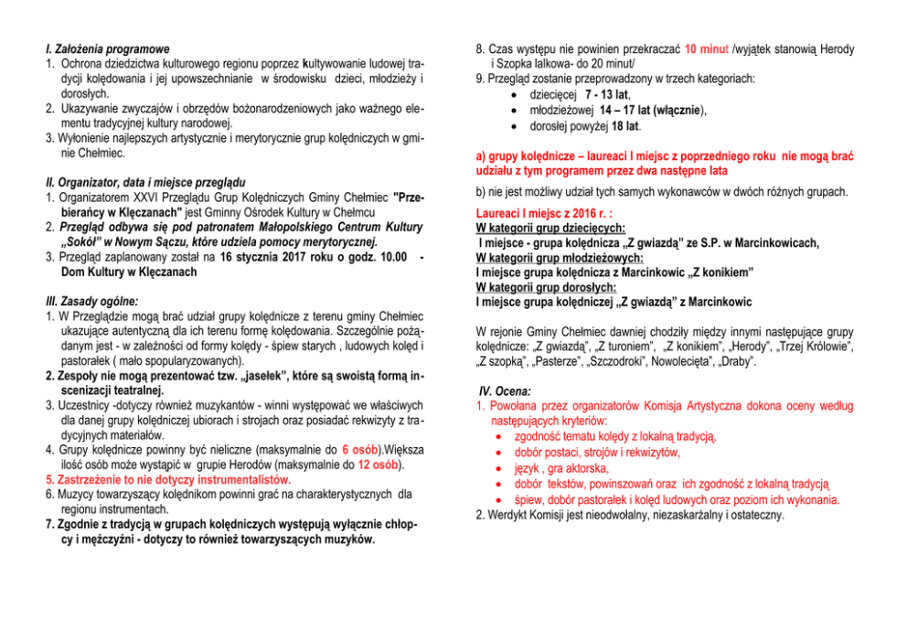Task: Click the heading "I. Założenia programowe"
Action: [x=107, y=48]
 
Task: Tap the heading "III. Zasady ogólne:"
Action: [x=91, y=302]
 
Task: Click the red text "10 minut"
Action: [x=706, y=48]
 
